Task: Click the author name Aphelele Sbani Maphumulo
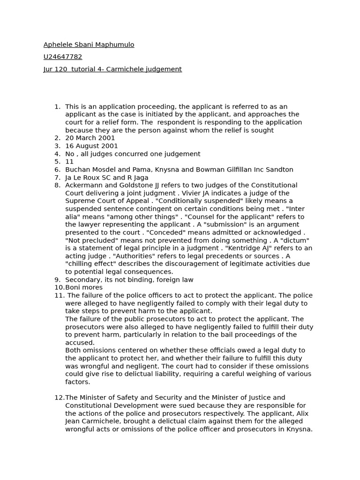pos(89,45)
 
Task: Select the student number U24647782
pos(63,57)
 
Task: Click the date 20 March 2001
pos(90,138)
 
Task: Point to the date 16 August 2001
pos(91,146)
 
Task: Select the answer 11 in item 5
pos(69,161)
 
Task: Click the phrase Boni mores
pos(84,287)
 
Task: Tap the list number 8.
pos(57,185)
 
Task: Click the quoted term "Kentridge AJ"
pos(241,248)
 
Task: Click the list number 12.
pos(59,397)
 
